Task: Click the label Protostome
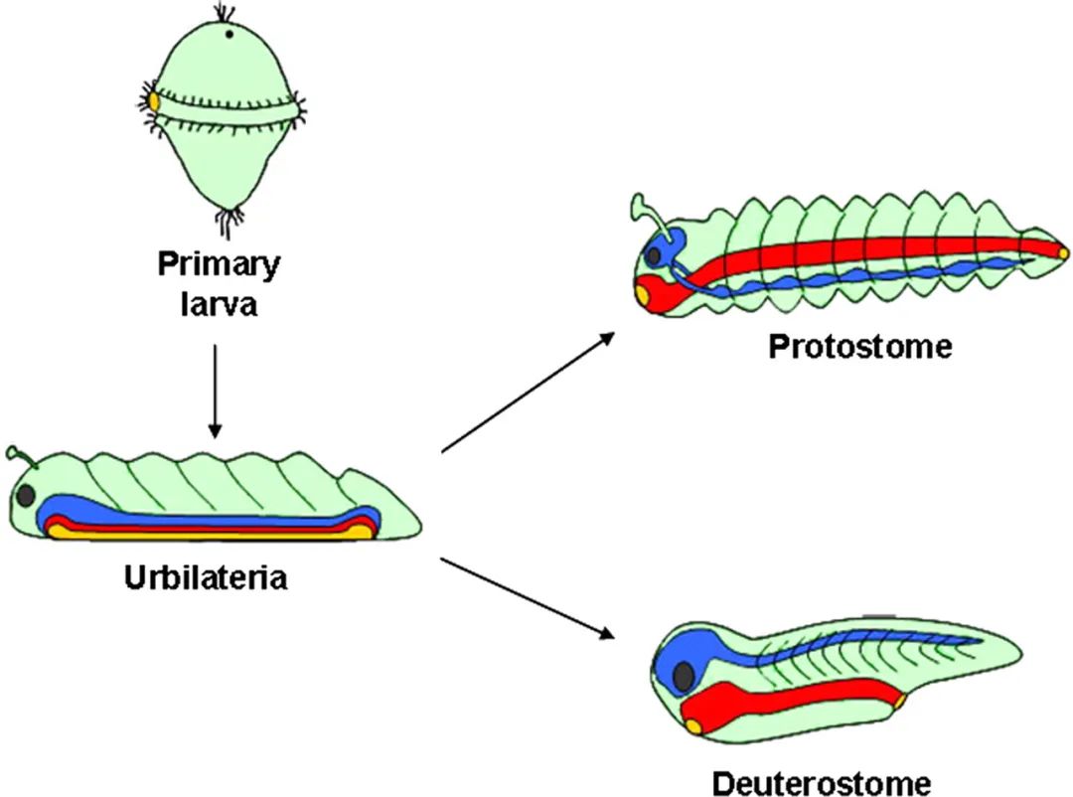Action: pos(859,347)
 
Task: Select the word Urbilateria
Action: pos(206,577)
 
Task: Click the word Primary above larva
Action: pos(218,265)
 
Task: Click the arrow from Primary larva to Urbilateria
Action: pos(216,392)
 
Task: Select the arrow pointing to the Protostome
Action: pos(527,393)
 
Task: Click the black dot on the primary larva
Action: pos(230,34)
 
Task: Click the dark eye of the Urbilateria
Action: pos(27,494)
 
